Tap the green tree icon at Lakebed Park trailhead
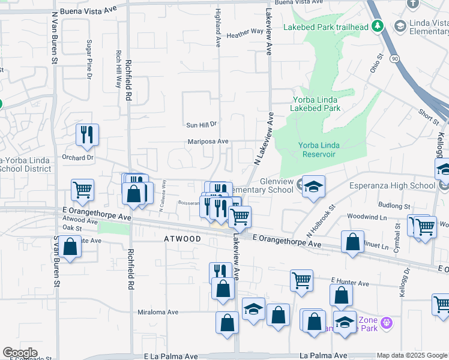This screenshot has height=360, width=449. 378,26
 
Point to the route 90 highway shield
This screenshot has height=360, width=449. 393,58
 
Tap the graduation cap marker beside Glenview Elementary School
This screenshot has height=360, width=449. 313,187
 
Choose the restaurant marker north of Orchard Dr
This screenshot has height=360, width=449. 87,136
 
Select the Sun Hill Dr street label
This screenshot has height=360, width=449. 200,124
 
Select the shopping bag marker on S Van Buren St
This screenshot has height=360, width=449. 70,248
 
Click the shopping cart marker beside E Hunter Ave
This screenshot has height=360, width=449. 301,280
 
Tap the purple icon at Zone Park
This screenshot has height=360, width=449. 385,323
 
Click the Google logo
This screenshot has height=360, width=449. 20,353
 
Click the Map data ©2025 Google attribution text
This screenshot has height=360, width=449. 412,356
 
